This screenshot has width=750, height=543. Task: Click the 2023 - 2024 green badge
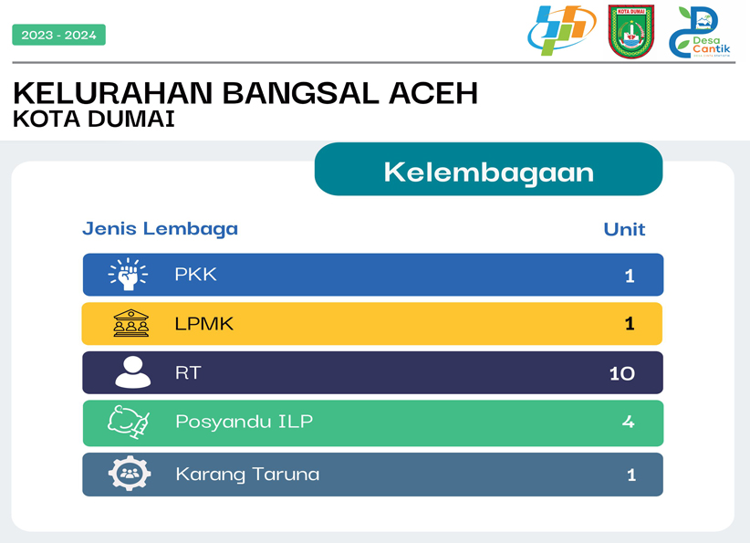pos(58,35)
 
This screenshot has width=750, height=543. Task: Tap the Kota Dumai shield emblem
pos(630,32)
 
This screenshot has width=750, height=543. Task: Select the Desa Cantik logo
pos(699,32)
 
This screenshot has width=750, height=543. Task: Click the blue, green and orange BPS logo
pos(561,30)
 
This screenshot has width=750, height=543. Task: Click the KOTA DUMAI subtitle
pos(94,120)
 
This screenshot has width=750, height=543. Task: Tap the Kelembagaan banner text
pos(488,172)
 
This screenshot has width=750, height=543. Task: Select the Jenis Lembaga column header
pos(161,229)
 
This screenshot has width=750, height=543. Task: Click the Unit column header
pos(624,230)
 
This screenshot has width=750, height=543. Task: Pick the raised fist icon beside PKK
pos(128,274)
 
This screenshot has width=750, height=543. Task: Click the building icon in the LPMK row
pos(131,323)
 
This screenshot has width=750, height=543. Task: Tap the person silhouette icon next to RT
pos(133,372)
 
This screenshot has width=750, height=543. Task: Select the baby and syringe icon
pos(129,422)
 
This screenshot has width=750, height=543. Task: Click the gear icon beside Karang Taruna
pos(130,473)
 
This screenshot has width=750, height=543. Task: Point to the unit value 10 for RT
pos(622,373)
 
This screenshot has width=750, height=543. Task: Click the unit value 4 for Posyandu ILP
pos(628,422)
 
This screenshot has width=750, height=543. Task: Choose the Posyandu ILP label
pos(244,422)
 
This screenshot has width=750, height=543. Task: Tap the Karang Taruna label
pos(247,475)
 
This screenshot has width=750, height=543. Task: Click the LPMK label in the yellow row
pos(203,324)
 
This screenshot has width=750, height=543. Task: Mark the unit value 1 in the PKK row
pos(630,276)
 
